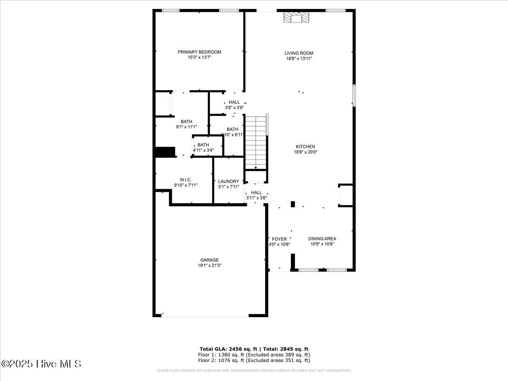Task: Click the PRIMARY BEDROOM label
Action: point(199,52)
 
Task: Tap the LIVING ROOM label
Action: point(299,53)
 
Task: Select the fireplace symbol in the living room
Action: point(296,17)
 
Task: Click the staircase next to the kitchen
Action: point(256,142)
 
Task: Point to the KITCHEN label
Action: point(305,147)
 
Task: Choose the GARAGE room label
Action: point(210,260)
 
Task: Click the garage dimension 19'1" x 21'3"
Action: point(210,266)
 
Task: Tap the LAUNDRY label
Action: point(229,182)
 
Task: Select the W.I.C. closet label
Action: point(185,180)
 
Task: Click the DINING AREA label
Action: point(322,239)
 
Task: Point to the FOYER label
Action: point(279,239)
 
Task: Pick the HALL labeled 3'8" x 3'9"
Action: point(234,102)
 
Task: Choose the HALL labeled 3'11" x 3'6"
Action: point(257,193)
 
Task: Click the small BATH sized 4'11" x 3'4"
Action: point(203,145)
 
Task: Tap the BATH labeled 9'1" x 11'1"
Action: point(186,122)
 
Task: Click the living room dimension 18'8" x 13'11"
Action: point(299,59)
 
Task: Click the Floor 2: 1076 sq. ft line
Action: point(254,361)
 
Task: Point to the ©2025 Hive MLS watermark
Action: point(41,364)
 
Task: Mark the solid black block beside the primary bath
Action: point(165,152)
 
